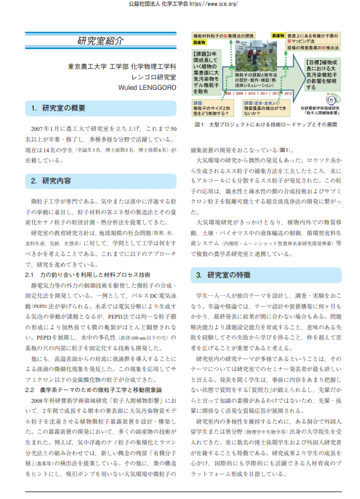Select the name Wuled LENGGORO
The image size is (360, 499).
(x=147, y=87)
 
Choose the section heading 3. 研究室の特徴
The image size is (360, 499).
(x=223, y=275)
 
